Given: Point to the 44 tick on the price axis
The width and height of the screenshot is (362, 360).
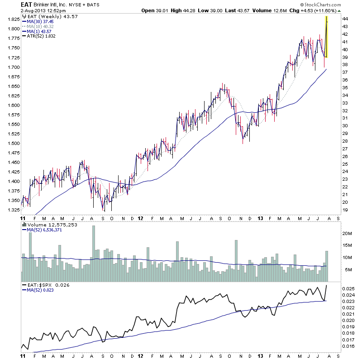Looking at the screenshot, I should (345, 19).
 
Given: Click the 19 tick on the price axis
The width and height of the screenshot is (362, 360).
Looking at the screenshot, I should (345, 210).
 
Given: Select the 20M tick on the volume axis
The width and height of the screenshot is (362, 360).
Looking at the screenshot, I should (347, 233).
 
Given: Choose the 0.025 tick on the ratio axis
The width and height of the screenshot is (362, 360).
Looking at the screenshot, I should (348, 288).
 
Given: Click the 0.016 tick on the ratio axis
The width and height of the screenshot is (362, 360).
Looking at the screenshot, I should (348, 346).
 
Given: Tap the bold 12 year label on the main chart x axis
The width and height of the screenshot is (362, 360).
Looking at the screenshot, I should (140, 218).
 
